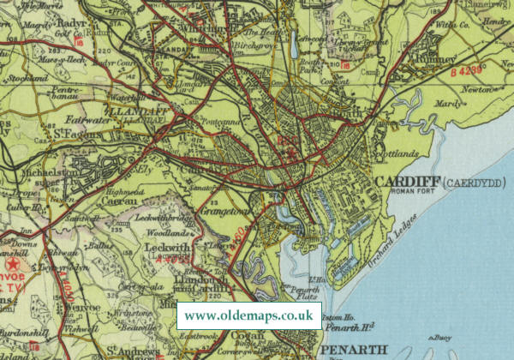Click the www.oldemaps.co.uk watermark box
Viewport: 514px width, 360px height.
[x=249, y=315]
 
